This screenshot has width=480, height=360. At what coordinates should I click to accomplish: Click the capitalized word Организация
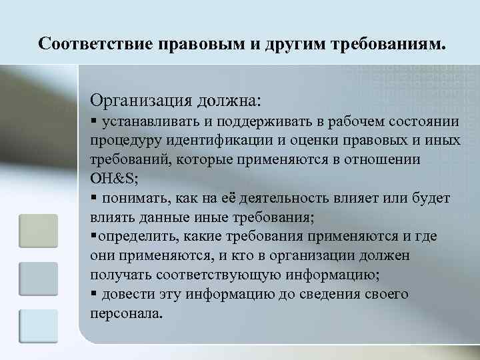click(141, 101)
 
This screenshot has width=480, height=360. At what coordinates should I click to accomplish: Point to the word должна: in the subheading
click(229, 101)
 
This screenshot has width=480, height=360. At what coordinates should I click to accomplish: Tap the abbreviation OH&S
click(113, 179)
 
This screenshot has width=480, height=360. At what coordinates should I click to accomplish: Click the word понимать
click(131, 198)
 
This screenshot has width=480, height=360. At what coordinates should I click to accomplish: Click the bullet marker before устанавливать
click(93, 121)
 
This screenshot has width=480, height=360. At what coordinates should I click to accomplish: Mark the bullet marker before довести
click(93, 294)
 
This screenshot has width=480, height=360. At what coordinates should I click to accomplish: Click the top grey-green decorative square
click(39, 231)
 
